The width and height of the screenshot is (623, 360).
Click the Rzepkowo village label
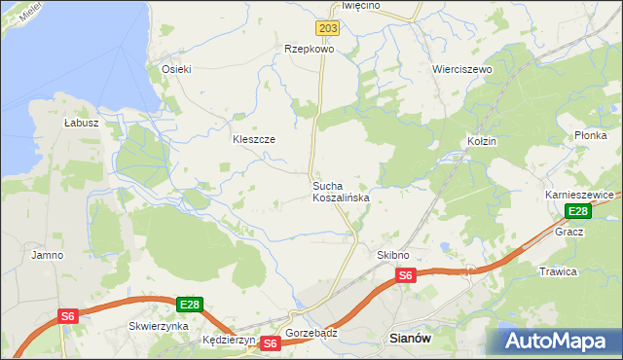click(x=309, y=48)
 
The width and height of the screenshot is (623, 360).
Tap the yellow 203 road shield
click(x=328, y=29)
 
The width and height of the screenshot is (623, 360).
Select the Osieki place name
click(x=176, y=69)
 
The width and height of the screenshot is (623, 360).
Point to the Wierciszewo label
click(x=461, y=70)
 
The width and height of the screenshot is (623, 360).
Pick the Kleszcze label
click(x=253, y=139)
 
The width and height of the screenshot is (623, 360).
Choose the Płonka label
click(x=590, y=135)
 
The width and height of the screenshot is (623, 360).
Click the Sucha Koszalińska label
click(x=340, y=191)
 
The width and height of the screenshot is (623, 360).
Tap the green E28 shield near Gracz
click(x=578, y=211)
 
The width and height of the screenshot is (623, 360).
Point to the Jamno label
click(x=47, y=255)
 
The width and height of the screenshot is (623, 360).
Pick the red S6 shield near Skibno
click(x=406, y=276)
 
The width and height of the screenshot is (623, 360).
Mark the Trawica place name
click(x=558, y=271)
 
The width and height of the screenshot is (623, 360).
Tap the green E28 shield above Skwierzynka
click(x=190, y=305)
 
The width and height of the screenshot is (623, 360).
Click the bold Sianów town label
click(x=409, y=339)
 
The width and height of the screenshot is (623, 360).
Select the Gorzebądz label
click(x=311, y=332)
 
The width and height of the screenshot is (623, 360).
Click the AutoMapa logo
click(x=559, y=341)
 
